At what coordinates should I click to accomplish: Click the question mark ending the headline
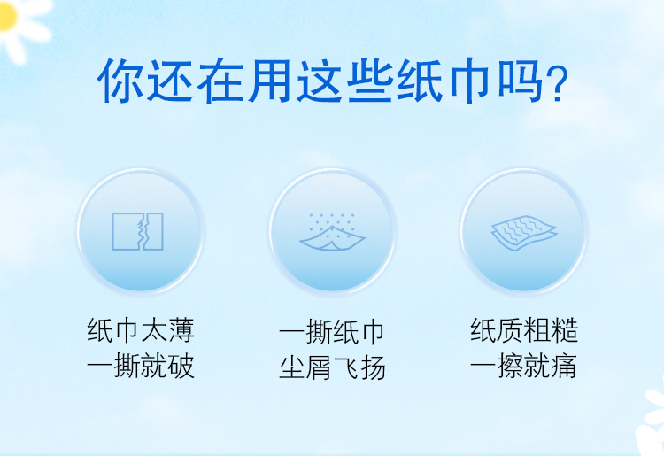(x=557, y=84)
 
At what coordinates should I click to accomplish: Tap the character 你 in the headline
(x=120, y=81)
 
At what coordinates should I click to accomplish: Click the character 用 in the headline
(x=269, y=81)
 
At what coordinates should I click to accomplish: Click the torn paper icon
(x=137, y=231)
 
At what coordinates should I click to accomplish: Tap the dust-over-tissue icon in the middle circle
(x=332, y=232)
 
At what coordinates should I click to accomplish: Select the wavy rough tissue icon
(x=524, y=233)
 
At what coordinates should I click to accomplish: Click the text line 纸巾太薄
(x=141, y=330)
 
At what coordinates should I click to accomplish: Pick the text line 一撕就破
(x=141, y=366)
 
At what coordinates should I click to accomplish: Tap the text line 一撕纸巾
(x=332, y=332)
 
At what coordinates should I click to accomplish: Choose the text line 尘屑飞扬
(x=332, y=367)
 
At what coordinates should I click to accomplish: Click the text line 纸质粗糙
(x=524, y=330)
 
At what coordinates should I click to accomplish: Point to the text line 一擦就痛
(x=523, y=366)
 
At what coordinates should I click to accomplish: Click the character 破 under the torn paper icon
(x=181, y=366)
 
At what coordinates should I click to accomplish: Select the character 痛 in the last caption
(x=564, y=366)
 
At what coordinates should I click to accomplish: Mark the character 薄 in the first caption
(x=181, y=330)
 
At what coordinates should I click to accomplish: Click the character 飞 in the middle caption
(x=346, y=367)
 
